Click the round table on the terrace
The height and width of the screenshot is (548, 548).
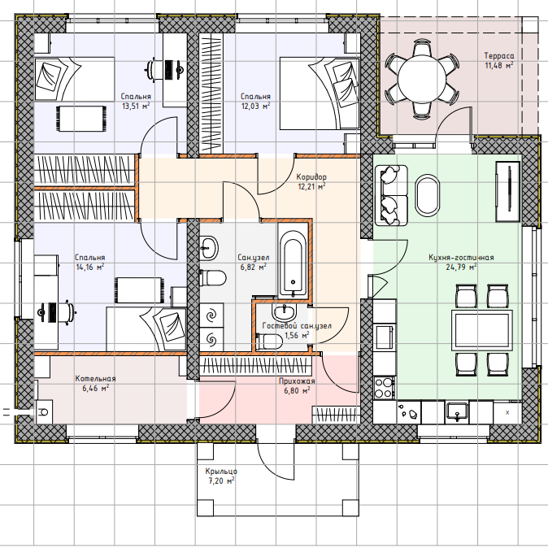click(x=422, y=79)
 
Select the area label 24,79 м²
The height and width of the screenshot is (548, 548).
click(x=461, y=267)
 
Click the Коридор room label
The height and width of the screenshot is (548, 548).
click(x=311, y=177)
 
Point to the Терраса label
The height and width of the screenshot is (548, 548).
click(x=499, y=55)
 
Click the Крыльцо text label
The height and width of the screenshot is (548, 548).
click(x=221, y=471)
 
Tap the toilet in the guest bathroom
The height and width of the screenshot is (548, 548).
click(x=269, y=341)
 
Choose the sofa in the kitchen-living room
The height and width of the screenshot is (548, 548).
click(x=391, y=195)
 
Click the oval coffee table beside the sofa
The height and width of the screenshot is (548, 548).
click(x=428, y=195)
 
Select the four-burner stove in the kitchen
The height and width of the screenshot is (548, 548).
click(x=384, y=388)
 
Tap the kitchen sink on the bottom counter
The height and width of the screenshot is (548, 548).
click(x=457, y=411)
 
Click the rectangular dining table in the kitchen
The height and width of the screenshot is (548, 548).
click(x=482, y=330)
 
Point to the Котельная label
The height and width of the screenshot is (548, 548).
click(x=95, y=379)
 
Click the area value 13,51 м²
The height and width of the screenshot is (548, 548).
click(x=136, y=106)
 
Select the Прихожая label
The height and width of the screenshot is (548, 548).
click(x=297, y=381)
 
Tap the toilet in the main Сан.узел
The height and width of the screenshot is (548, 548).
click(x=212, y=277)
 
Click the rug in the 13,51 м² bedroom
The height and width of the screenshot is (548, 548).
click(x=81, y=119)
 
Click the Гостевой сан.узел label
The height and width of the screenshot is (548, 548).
click(x=297, y=326)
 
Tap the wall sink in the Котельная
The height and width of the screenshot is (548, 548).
click(x=44, y=411)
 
